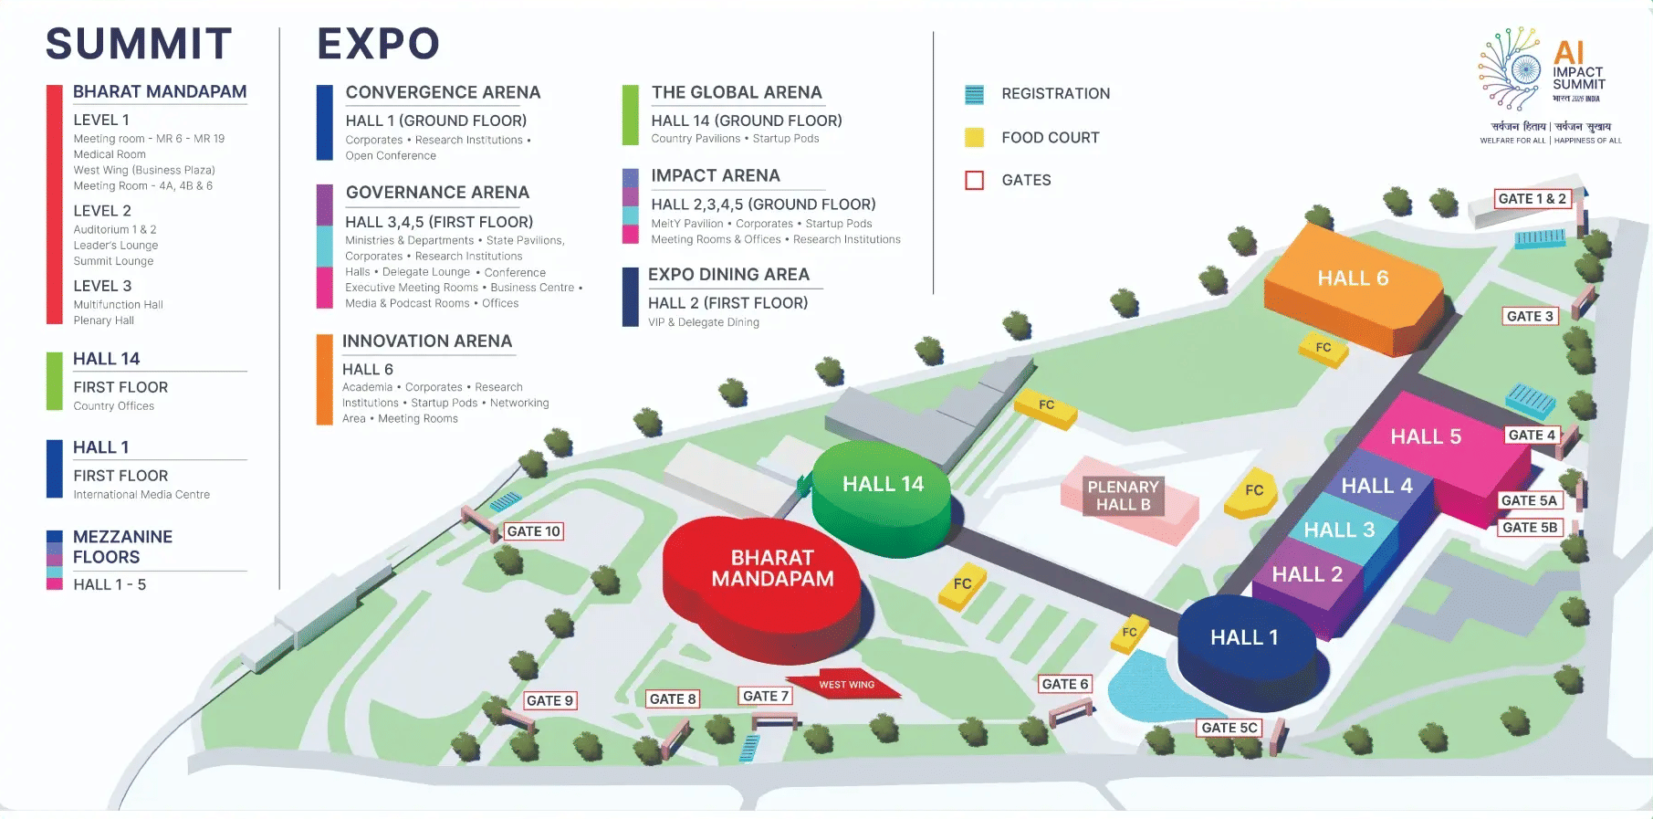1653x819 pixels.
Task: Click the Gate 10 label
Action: [534, 531]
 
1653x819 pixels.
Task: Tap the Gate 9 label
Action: [549, 700]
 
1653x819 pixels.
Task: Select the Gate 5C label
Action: [1229, 728]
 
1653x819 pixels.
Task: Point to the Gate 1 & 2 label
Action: [1533, 199]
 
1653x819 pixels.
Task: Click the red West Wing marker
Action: [846, 685]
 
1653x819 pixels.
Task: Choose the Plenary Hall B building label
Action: [1123, 496]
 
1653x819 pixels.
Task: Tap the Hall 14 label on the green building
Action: [883, 484]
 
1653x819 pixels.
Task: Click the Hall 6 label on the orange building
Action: [1353, 278]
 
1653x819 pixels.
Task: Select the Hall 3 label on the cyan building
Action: [1339, 530]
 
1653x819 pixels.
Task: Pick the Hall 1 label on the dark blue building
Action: [1244, 637]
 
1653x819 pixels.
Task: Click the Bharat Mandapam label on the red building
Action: [772, 568]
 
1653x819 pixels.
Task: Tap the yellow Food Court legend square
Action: [975, 138]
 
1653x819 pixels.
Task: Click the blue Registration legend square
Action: [975, 94]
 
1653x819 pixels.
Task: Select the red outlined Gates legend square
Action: [975, 180]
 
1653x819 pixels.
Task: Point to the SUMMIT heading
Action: [139, 44]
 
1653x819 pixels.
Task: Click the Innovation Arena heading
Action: [426, 341]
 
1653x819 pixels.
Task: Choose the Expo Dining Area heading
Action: [728, 274]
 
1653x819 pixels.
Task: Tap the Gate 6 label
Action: [1065, 684]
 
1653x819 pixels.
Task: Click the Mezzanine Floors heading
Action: [122, 547]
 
